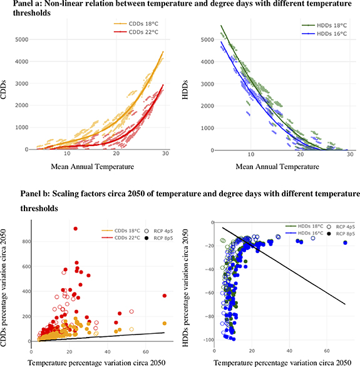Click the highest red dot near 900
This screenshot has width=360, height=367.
point(76,229)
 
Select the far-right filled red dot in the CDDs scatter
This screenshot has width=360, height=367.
point(165,296)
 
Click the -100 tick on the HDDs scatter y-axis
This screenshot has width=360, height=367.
point(210,339)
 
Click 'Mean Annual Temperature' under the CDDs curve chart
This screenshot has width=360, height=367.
point(91,166)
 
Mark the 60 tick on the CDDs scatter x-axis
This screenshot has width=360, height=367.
point(146,348)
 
